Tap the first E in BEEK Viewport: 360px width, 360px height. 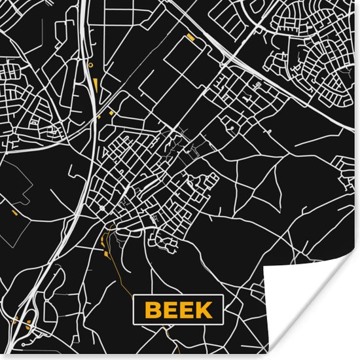pyautogui.click(x=170, y=309)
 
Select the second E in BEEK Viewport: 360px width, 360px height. pyautogui.click(x=187, y=309)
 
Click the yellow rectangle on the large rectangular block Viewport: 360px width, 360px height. pyautogui.click(x=190, y=37)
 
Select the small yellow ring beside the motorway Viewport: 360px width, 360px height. pyautogui.click(x=91, y=65)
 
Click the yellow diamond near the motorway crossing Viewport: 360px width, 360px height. pyautogui.click(x=111, y=112)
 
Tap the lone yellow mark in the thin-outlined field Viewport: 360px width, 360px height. pyautogui.click(x=14, y=213)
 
